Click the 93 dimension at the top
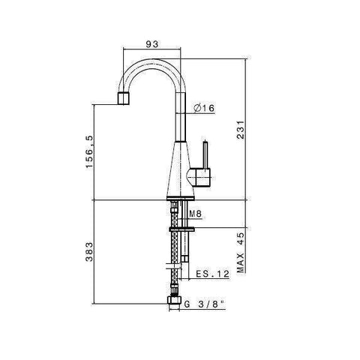152,44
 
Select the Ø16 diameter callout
204,108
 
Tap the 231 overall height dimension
241,130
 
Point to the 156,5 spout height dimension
89,151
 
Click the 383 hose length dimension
89,252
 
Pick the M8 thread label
196,214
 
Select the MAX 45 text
241,253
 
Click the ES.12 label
212,274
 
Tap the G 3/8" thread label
204,304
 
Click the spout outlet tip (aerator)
124,98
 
